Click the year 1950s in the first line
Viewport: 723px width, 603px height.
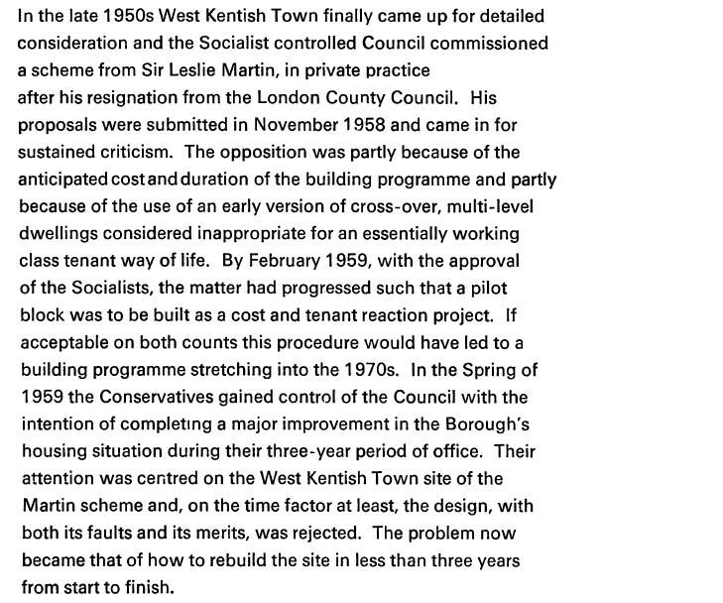(x=122, y=17)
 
